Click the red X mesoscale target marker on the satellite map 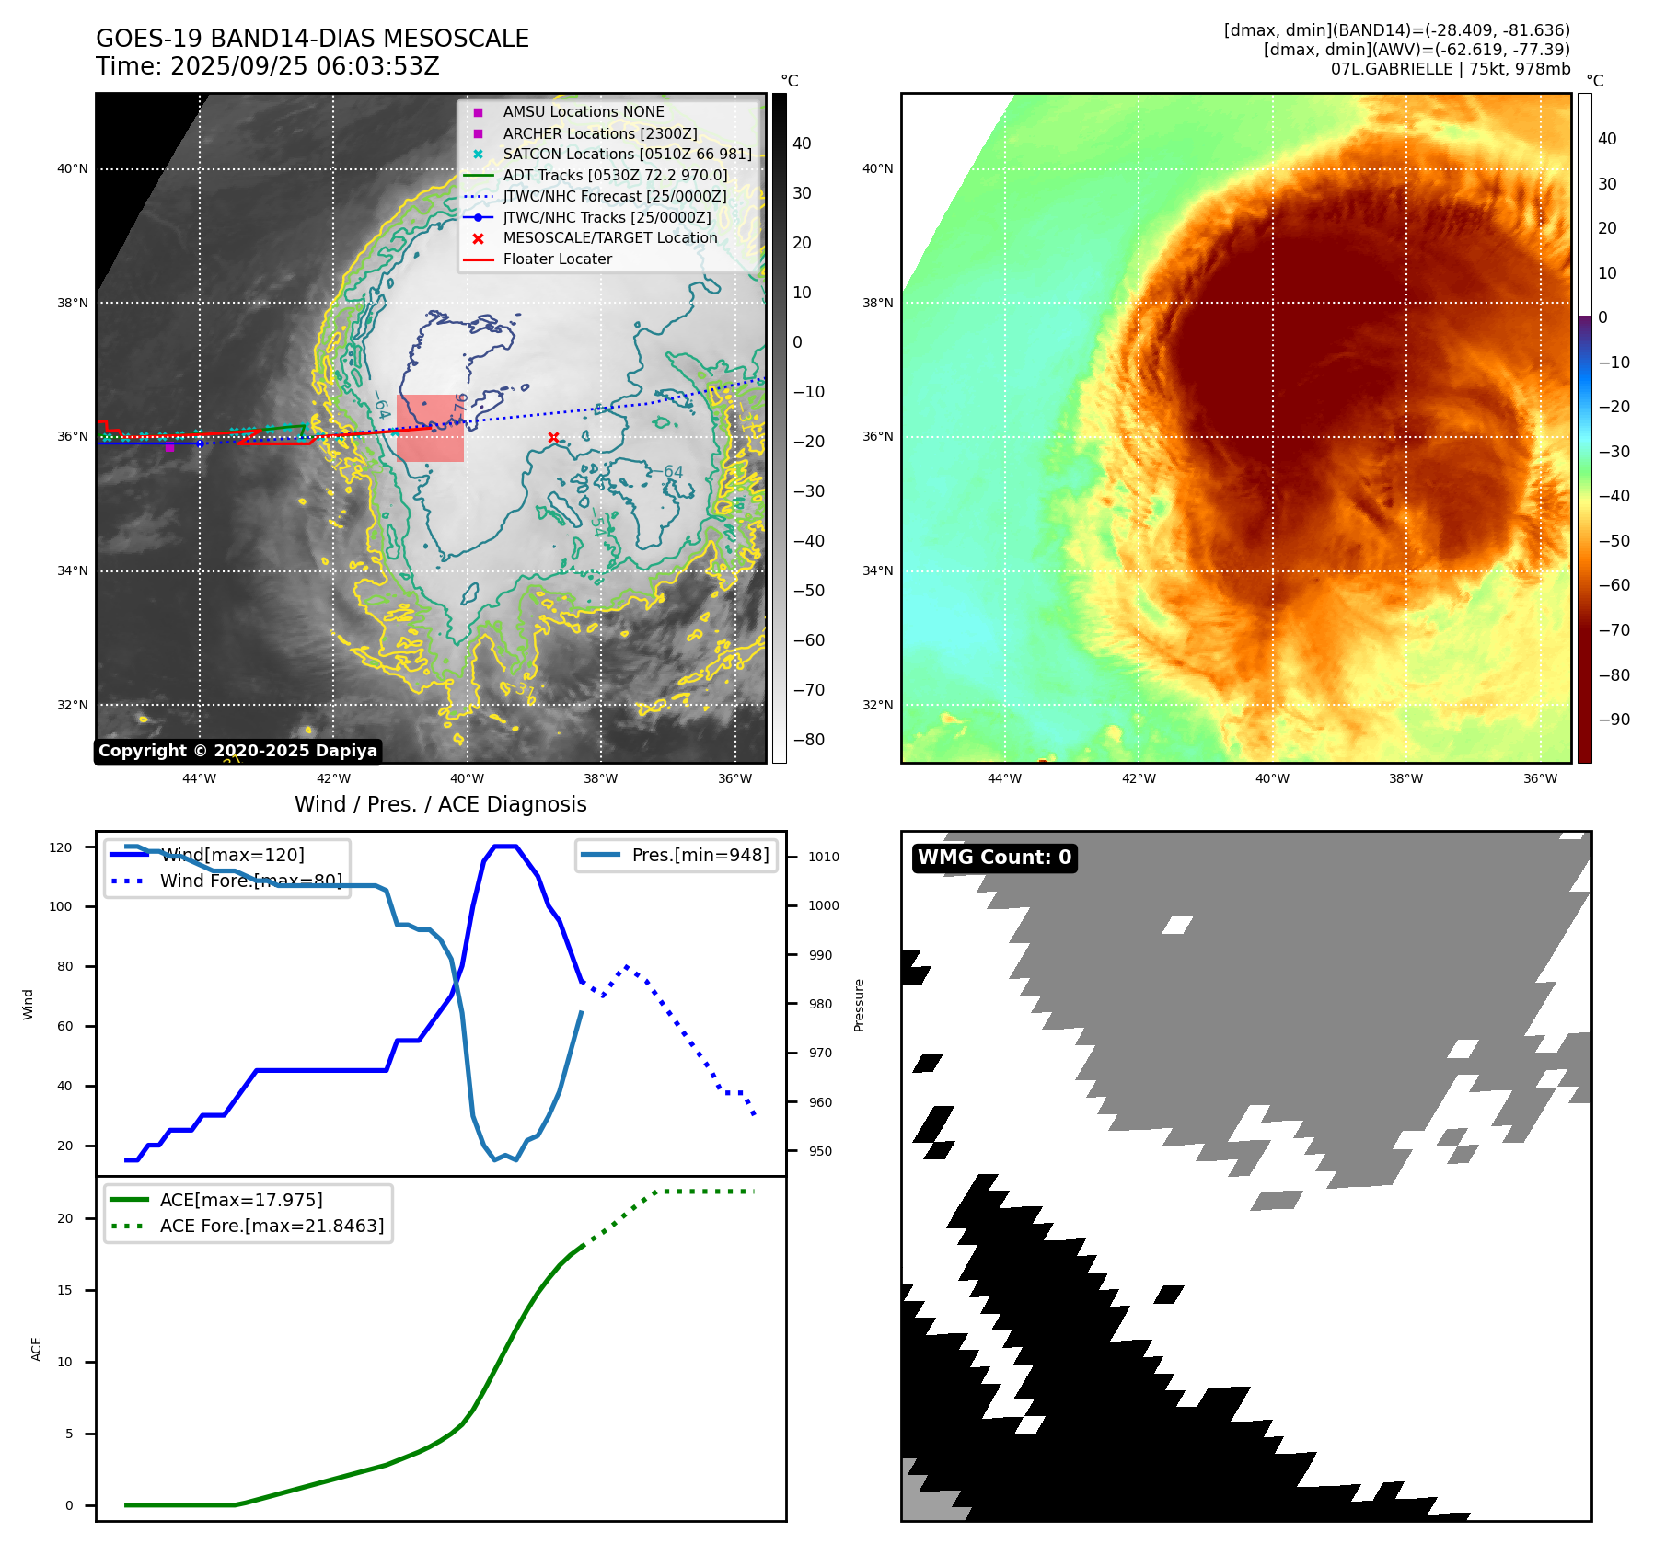coord(553,438)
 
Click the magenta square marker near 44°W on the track coord(169,447)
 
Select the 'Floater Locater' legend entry coord(557,259)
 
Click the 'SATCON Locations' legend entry coord(627,154)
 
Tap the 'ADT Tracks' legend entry coord(615,175)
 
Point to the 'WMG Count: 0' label coord(994,858)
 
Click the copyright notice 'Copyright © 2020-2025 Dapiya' coord(237,751)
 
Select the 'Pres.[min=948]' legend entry coord(700,855)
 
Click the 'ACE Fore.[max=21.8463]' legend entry coord(272,1226)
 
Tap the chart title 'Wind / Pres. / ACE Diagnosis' coord(440,804)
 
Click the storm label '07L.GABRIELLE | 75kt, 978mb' coord(1450,69)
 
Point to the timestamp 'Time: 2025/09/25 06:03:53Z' coord(268,66)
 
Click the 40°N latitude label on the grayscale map coord(73,168)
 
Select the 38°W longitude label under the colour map coord(1405,778)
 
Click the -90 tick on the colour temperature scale coord(1614,720)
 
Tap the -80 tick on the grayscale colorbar coord(808,740)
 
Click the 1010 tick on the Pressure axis coord(824,857)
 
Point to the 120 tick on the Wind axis coord(61,847)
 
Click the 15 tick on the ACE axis coord(64,1290)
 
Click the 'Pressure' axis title coord(859,1005)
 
